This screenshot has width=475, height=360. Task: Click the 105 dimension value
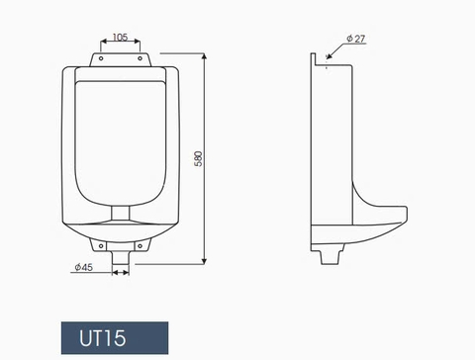120,38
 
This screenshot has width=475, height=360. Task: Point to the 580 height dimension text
199,158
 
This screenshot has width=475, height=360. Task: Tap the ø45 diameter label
83,267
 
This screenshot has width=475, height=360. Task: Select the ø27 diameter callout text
357,40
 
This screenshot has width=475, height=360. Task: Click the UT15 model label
103,339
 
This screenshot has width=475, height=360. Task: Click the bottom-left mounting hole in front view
98,240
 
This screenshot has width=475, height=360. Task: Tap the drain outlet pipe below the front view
120,257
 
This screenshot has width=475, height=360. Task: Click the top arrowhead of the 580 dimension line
204,56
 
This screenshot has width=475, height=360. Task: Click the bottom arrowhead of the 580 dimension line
204,262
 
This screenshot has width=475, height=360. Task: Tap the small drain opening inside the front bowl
120,212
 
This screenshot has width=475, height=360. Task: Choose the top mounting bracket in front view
120,59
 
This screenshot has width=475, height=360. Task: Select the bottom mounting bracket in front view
120,240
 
